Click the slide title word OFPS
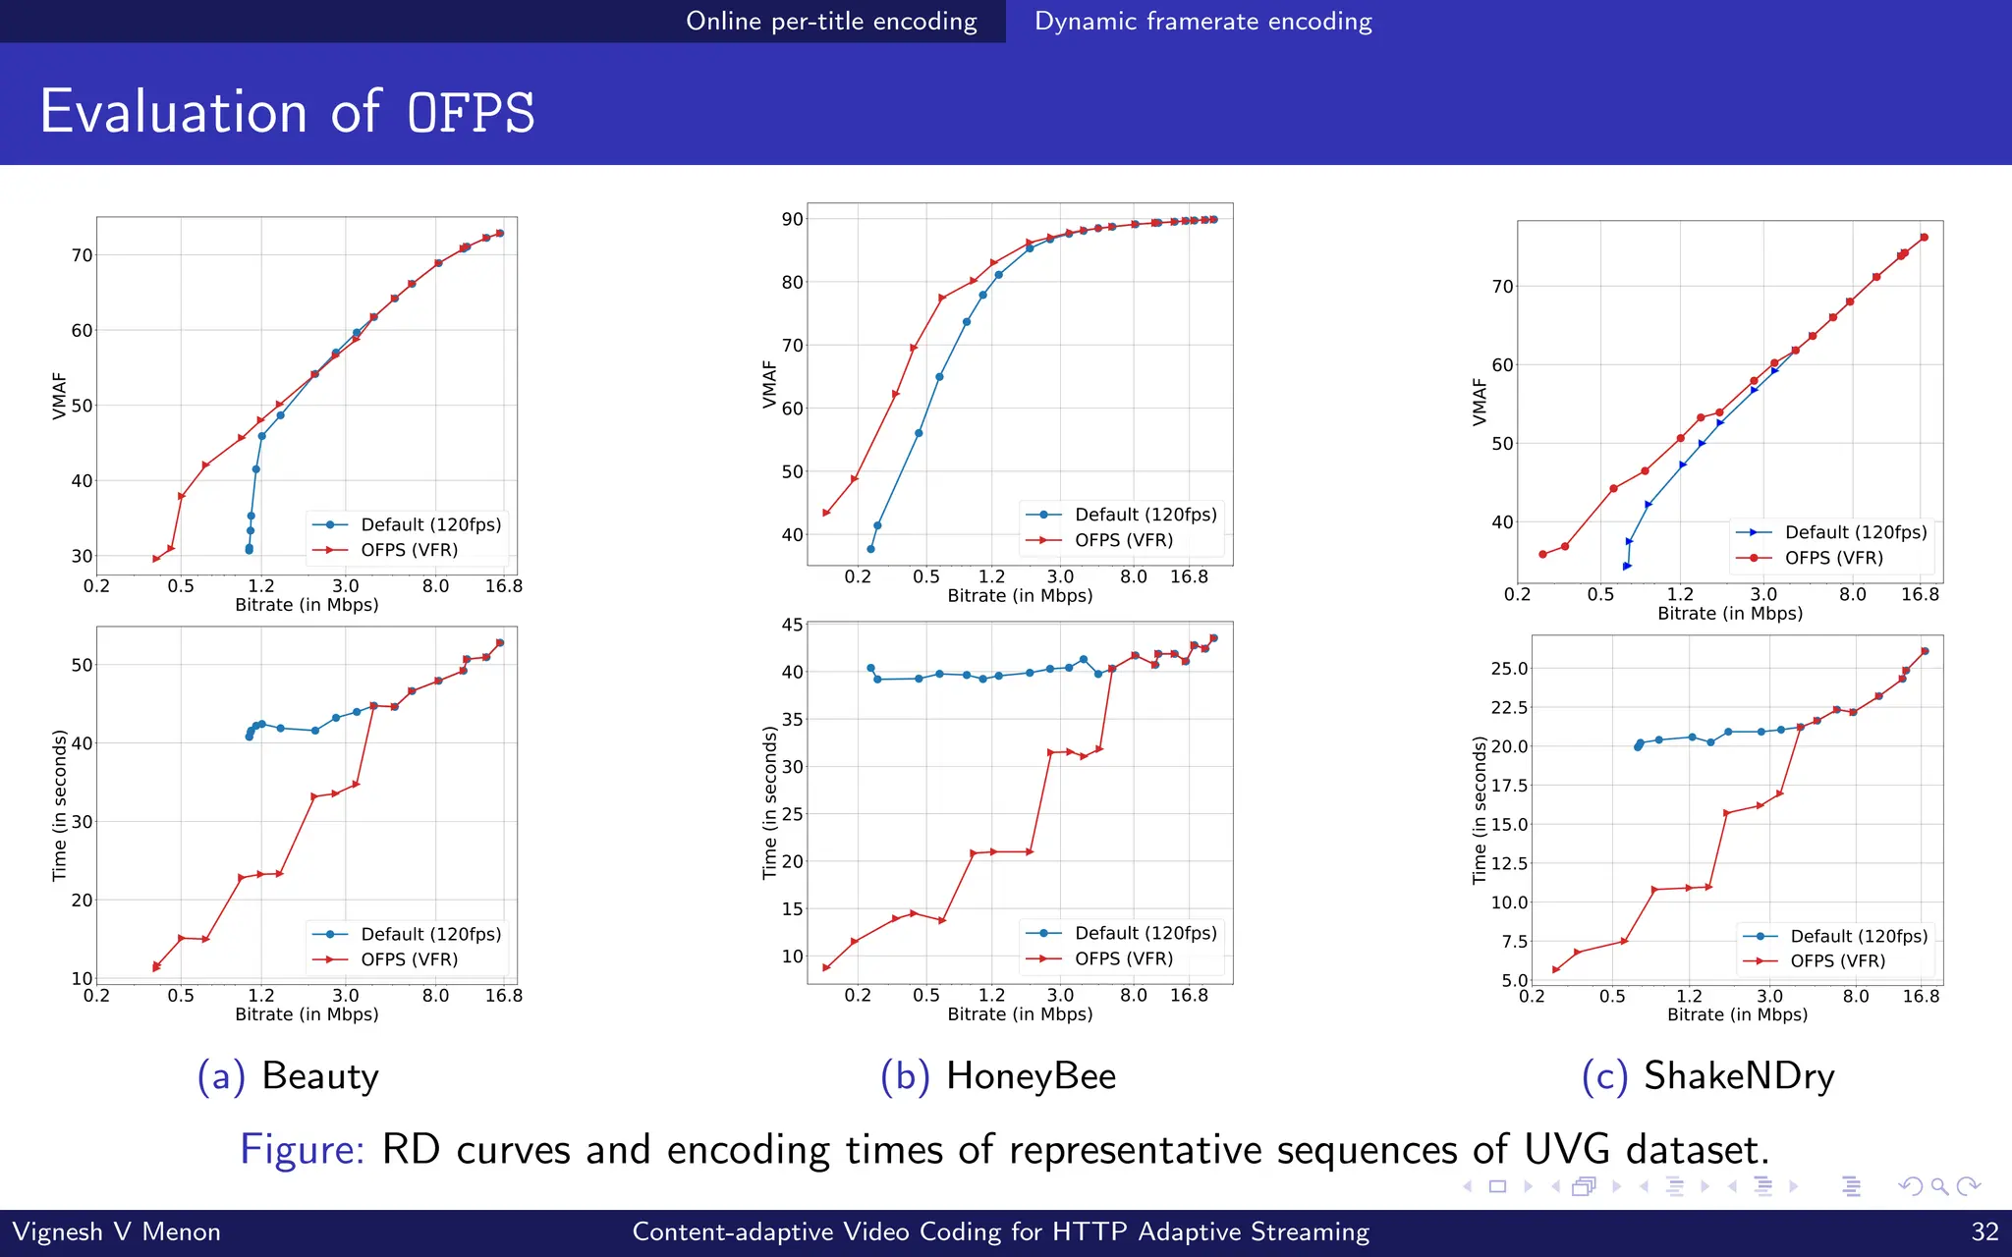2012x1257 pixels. tap(472, 112)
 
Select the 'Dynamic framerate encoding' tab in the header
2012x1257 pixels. tap(1202, 22)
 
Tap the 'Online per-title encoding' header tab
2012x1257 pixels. tap(831, 22)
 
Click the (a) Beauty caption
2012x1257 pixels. tap(288, 1076)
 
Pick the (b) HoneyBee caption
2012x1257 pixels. tap(998, 1076)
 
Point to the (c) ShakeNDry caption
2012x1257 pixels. tap(1707, 1076)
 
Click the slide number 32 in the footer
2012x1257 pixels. tap(1984, 1231)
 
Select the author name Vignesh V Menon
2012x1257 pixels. tap(117, 1231)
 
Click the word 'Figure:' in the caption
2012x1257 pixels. tap(302, 1149)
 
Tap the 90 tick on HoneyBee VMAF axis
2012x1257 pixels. tap(792, 219)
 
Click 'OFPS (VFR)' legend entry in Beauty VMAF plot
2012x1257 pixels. tap(409, 550)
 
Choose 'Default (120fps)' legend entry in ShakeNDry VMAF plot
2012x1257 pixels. tap(1855, 532)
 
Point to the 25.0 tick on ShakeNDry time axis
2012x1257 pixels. tap(1509, 669)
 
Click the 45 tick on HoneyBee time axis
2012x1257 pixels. tap(792, 625)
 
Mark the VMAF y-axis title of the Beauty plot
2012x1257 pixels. tap(59, 396)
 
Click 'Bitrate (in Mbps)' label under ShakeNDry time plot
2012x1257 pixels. tap(1737, 1014)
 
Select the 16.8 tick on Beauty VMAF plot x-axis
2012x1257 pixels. tap(503, 586)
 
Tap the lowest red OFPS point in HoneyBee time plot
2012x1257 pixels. tap(826, 967)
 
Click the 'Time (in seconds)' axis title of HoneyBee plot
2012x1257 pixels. tap(769, 802)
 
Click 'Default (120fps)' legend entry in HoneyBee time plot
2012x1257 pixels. tap(1146, 933)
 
